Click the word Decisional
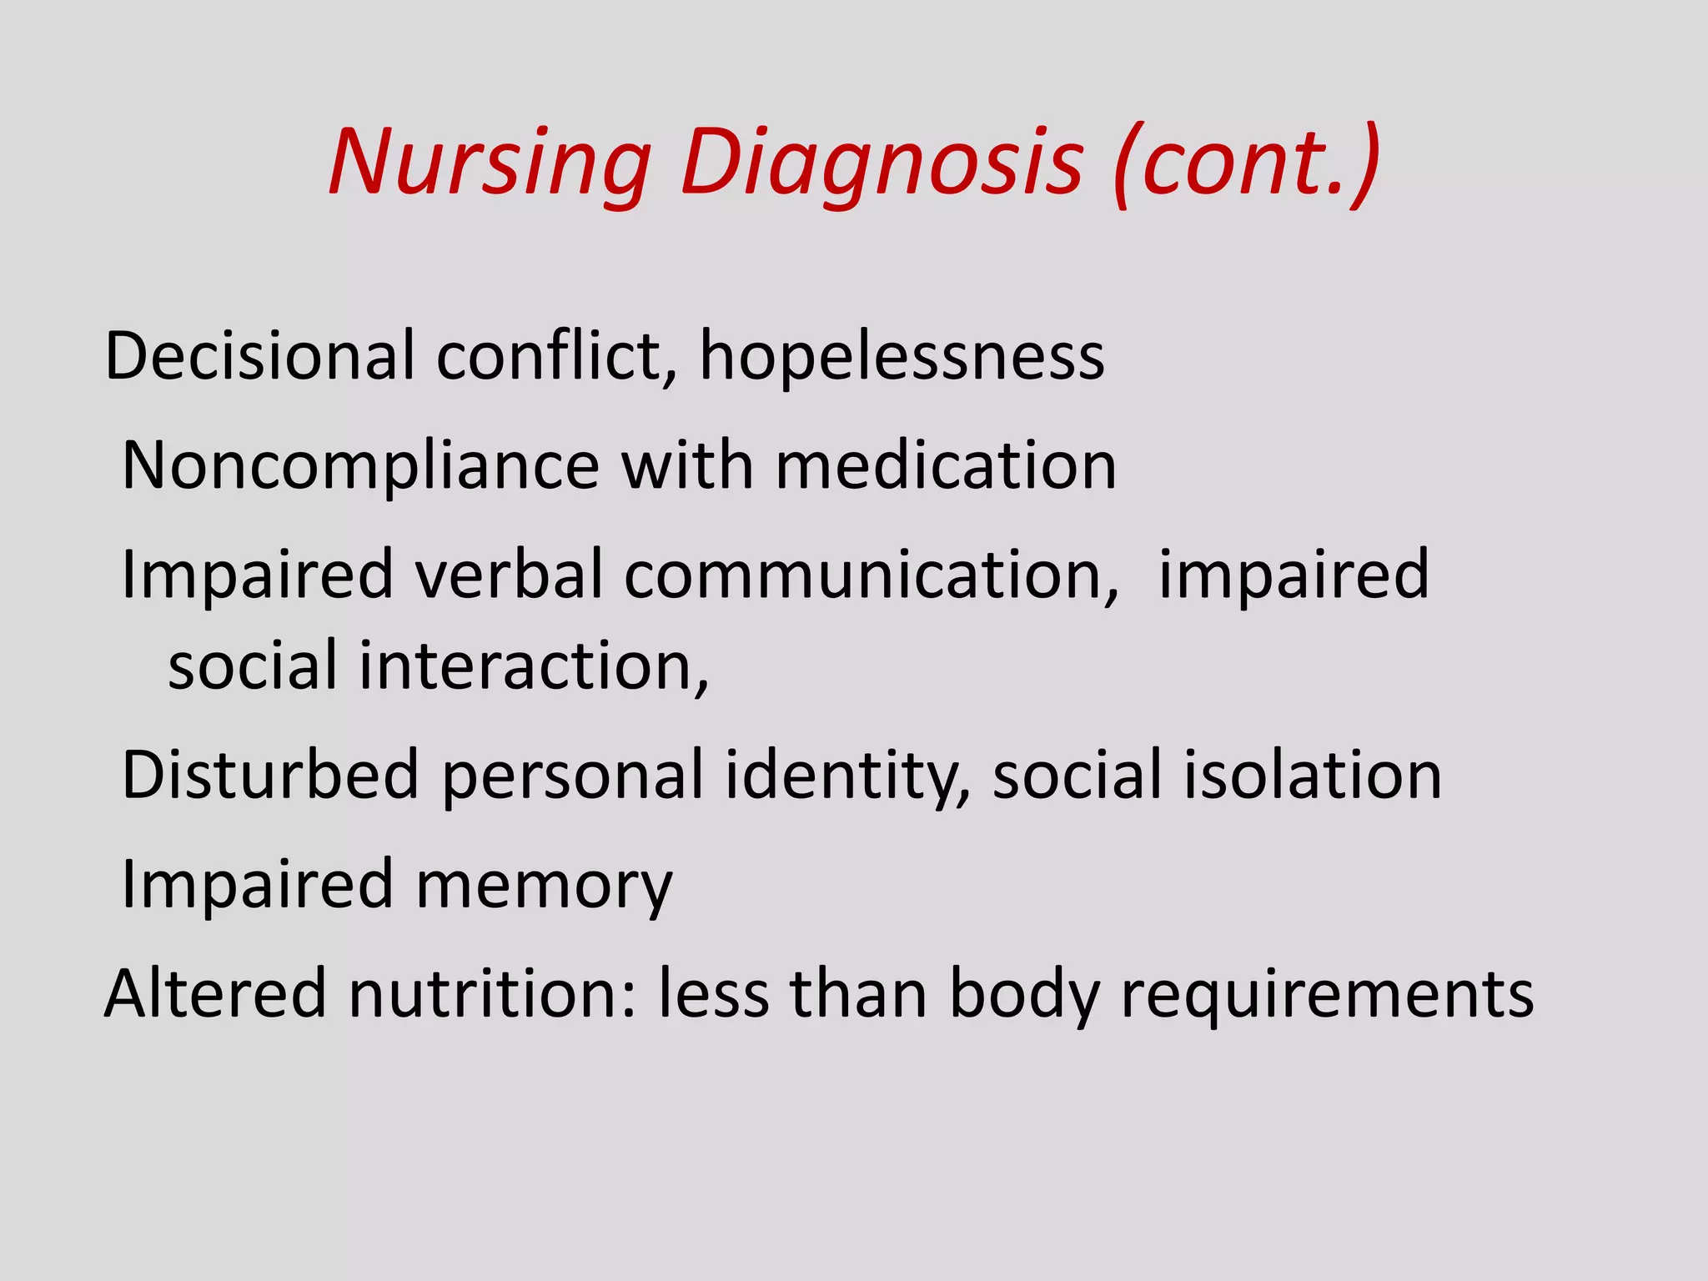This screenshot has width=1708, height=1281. click(x=259, y=356)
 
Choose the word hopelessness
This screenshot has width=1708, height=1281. click(x=902, y=356)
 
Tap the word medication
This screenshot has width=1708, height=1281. click(x=946, y=465)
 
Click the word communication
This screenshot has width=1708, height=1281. click(x=872, y=575)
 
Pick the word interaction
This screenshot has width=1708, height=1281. click(x=534, y=666)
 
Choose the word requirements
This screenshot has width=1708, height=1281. click(x=1327, y=993)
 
